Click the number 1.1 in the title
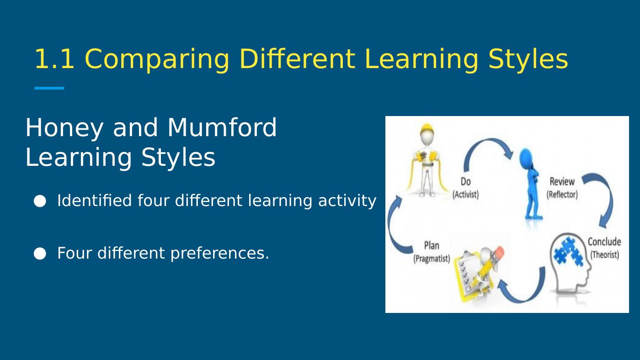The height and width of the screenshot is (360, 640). (x=54, y=59)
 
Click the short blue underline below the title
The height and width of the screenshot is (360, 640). (x=49, y=88)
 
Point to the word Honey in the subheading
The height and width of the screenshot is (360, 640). (x=64, y=128)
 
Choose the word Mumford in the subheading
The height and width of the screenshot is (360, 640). (x=222, y=127)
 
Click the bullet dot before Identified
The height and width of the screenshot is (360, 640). (x=40, y=201)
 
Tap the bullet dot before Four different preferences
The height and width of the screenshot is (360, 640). (x=40, y=254)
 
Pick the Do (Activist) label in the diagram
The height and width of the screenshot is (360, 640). (x=465, y=188)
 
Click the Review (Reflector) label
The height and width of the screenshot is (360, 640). (x=562, y=188)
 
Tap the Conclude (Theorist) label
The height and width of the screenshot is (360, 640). (x=604, y=248)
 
